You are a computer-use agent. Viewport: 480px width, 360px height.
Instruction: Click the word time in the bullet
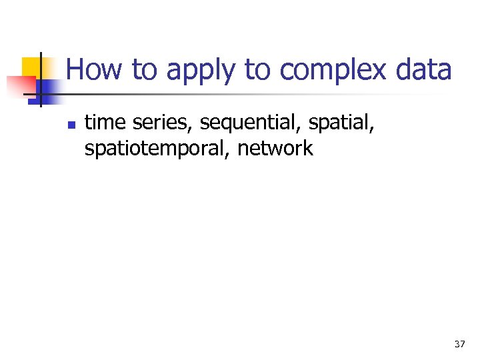[x=102, y=123]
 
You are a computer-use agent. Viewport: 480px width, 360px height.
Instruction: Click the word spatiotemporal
[x=157, y=148]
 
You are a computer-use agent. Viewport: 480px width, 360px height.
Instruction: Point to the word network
[x=275, y=147]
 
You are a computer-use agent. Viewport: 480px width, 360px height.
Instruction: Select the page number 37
[x=459, y=344]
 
